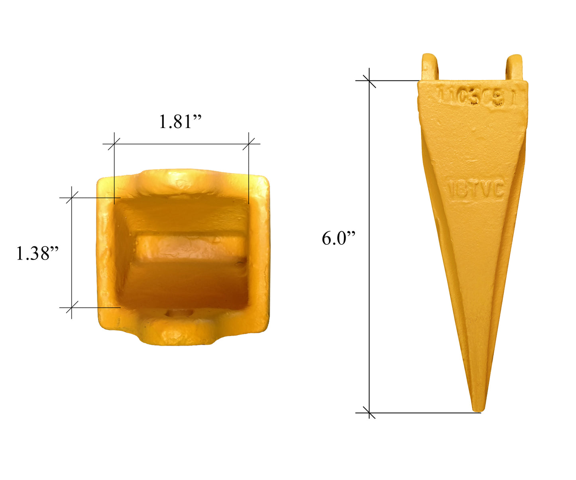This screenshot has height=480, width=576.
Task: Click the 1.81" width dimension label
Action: click(180, 122)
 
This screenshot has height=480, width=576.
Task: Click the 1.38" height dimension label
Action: click(37, 253)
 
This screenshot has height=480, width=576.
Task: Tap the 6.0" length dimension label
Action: click(338, 238)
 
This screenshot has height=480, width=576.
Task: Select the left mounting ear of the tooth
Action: click(430, 67)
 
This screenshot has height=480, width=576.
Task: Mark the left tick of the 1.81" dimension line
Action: click(114, 144)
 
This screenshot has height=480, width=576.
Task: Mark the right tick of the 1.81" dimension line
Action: click(249, 144)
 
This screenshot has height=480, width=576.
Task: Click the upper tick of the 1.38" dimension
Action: click(72, 197)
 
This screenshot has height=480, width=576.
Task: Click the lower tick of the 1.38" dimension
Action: click(72, 307)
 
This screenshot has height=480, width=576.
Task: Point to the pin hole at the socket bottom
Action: click(179, 314)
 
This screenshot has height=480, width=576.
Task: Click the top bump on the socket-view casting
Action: click(179, 179)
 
